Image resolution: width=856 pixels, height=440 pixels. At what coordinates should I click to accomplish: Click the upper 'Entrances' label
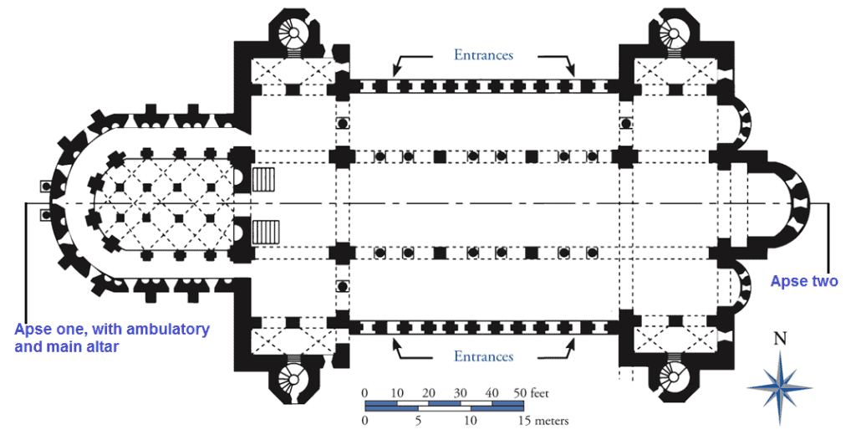coord(483,55)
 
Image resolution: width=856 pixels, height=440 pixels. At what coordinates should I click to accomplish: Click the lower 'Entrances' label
coord(483,357)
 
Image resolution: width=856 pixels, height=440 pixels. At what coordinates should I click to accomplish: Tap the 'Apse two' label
coord(803,282)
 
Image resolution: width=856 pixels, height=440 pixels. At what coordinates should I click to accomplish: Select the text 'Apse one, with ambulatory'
coord(112,329)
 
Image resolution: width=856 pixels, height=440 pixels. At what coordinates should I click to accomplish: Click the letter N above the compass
coord(780,339)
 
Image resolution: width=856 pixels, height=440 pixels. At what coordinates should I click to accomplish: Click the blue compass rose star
coord(780,387)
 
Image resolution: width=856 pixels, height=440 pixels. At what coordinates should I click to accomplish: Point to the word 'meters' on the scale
coord(549,421)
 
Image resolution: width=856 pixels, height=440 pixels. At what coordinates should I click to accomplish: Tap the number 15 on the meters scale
coord(523,421)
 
